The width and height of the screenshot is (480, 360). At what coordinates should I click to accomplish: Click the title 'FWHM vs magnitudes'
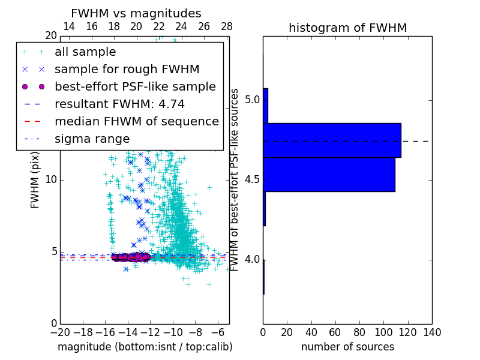tap(136, 13)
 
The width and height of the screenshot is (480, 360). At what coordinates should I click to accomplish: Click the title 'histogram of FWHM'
tap(347, 28)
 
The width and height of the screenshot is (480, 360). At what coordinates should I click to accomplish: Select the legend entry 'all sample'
tap(85, 52)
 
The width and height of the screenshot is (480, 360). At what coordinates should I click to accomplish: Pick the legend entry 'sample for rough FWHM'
tap(127, 69)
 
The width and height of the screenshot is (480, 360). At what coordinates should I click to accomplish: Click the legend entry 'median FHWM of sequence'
tap(137, 121)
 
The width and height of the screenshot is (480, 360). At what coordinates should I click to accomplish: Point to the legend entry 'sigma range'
tap(92, 139)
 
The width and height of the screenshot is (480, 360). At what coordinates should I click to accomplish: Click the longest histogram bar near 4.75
tap(332, 140)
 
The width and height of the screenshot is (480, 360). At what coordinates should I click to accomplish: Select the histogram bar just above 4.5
tap(329, 174)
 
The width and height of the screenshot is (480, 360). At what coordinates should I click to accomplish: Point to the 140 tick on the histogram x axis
tap(431, 332)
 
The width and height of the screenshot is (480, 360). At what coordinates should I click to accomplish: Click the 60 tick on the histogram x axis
tap(335, 332)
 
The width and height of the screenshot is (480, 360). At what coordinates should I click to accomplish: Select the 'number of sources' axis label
tap(347, 347)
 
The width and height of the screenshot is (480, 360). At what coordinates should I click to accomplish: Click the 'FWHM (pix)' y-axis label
tap(35, 179)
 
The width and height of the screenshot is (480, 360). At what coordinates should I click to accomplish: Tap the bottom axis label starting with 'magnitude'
tap(145, 347)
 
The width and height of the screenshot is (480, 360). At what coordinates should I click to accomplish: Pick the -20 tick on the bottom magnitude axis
tap(60, 332)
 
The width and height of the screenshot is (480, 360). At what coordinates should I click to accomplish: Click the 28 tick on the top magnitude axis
tap(227, 26)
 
